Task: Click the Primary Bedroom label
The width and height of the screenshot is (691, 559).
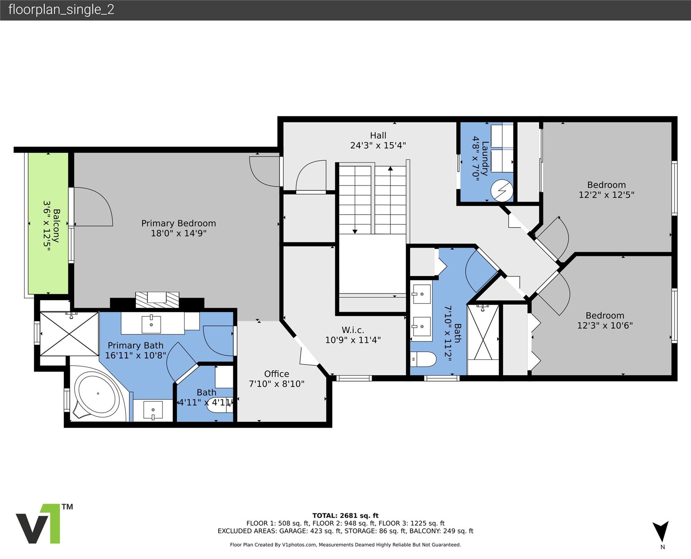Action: (x=179, y=223)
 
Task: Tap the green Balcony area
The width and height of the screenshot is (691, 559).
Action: (x=48, y=223)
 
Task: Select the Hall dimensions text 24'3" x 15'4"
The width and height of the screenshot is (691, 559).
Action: (x=378, y=145)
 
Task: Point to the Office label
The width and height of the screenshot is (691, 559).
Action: (x=276, y=374)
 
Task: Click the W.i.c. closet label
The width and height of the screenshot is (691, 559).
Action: (x=353, y=330)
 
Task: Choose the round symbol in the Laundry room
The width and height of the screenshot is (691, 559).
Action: (x=502, y=190)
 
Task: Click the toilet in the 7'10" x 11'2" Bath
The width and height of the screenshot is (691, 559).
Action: (x=423, y=360)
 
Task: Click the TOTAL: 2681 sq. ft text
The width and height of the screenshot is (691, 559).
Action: (x=345, y=515)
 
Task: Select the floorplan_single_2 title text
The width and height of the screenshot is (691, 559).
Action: (x=61, y=9)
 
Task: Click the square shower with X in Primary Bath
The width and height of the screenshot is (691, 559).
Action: (x=69, y=334)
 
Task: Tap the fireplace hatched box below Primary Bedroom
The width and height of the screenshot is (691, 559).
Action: (x=157, y=300)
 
